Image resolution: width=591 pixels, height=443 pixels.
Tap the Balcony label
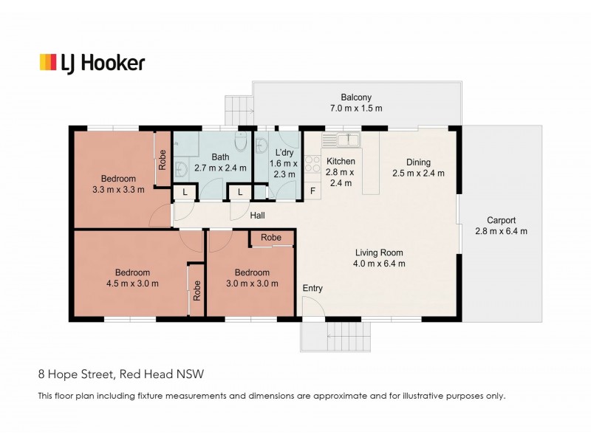tap(355, 97)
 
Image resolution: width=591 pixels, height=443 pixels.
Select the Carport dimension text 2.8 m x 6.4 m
tap(501, 231)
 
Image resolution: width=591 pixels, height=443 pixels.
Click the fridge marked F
tap(312, 192)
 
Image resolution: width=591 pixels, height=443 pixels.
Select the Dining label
tap(417, 162)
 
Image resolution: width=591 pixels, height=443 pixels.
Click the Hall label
tap(257, 216)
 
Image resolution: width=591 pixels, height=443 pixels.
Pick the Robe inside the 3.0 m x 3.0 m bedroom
tap(271, 238)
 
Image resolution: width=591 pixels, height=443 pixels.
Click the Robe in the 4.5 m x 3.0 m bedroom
tap(197, 290)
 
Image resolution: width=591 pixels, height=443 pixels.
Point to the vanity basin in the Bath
tap(180, 169)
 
